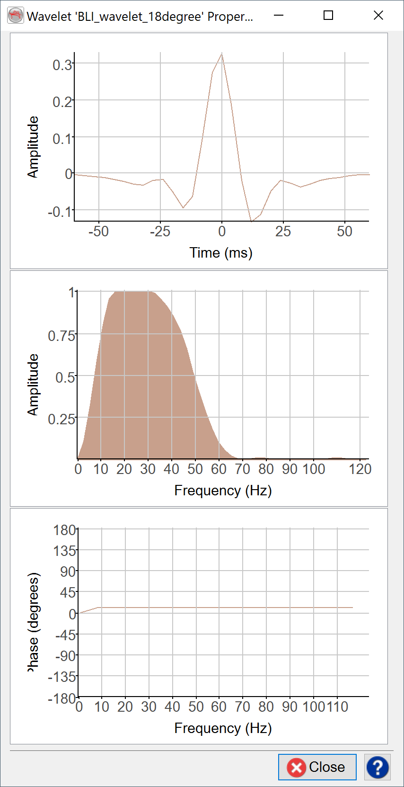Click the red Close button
(x=317, y=767)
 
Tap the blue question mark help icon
(x=377, y=767)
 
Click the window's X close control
(x=378, y=16)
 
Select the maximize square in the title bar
(x=328, y=16)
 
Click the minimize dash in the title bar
(x=279, y=16)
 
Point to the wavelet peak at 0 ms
(x=221, y=54)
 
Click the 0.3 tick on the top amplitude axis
(x=62, y=64)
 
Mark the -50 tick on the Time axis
(x=99, y=232)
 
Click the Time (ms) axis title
(x=221, y=253)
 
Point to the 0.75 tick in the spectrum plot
(x=61, y=336)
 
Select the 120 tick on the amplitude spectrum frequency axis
(x=360, y=469)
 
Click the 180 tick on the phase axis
(x=65, y=530)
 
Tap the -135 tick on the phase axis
(x=62, y=677)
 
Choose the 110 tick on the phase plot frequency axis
(x=338, y=707)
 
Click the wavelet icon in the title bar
(x=16, y=16)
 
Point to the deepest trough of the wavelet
(x=251, y=221)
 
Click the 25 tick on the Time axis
(x=283, y=232)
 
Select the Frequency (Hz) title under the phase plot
(x=223, y=728)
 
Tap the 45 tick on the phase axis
(x=68, y=592)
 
